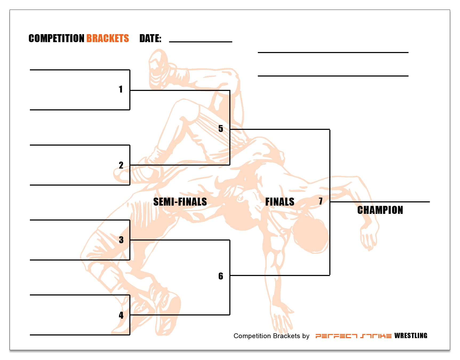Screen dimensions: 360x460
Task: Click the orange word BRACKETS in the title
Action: pos(107,38)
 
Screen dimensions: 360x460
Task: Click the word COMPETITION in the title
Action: pos(56,38)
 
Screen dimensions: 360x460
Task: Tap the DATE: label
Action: pos(150,38)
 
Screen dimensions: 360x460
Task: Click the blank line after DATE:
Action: pos(201,41)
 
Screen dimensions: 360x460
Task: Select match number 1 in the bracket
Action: pos(121,89)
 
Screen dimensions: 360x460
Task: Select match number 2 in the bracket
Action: pos(121,165)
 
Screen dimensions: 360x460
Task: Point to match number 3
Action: pos(121,240)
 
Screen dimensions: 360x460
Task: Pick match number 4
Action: pos(121,315)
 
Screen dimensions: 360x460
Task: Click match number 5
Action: pos(221,129)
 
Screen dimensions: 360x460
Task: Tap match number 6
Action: pos(221,276)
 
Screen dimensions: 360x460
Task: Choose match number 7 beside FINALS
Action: pos(321,201)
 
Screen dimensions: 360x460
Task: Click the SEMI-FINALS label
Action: pos(180,202)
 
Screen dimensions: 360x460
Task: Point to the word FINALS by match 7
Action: pos(279,202)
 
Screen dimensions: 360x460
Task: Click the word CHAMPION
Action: pos(380,210)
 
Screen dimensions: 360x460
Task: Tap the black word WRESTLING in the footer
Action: pos(411,336)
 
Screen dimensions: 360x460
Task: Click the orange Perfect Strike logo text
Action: pos(353,336)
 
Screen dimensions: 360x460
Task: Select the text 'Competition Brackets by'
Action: pos(271,336)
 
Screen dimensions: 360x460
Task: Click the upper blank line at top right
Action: pos(333,52)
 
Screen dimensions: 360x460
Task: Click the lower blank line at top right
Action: pos(333,76)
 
